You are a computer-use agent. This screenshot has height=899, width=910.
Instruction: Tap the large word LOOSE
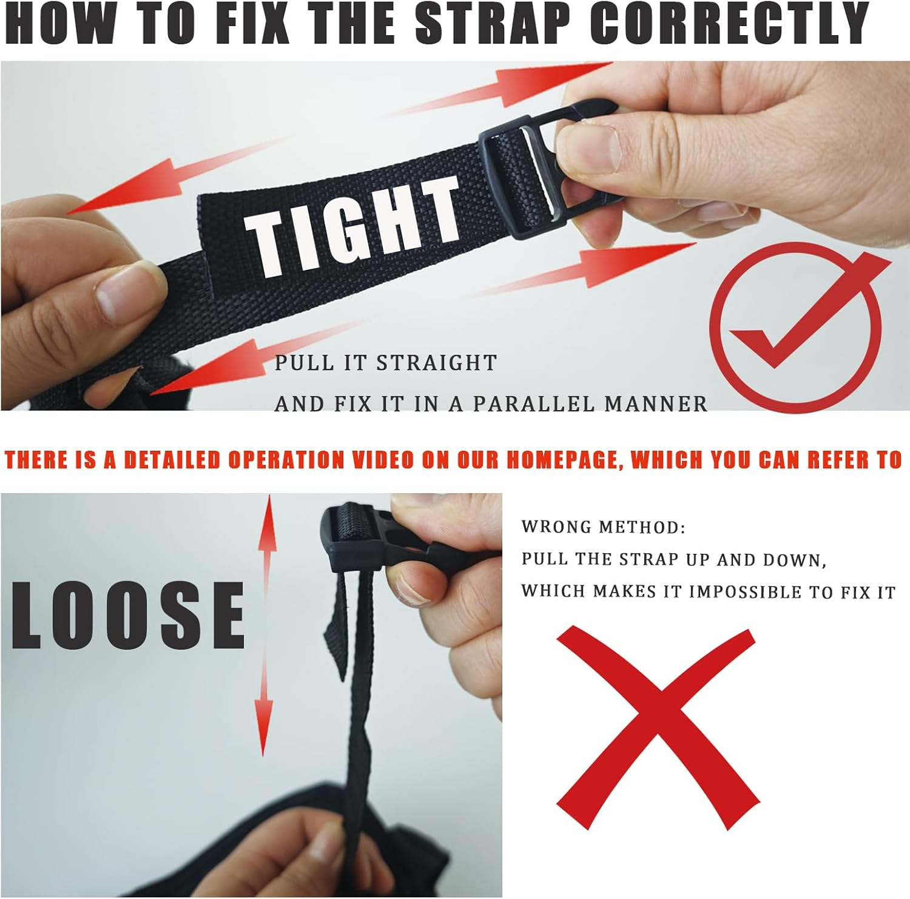tap(128, 615)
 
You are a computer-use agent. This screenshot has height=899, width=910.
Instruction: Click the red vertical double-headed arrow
tap(265, 625)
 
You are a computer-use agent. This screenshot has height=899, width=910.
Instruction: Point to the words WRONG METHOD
tap(603, 527)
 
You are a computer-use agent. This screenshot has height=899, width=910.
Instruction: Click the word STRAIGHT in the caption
tap(437, 363)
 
